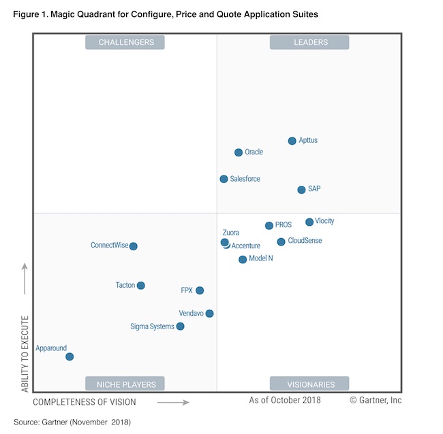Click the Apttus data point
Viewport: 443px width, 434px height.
[292, 141]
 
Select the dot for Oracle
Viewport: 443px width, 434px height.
[239, 153]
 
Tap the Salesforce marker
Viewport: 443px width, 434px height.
[224, 179]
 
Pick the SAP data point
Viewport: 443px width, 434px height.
[301, 190]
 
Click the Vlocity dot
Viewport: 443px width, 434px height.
[309, 222]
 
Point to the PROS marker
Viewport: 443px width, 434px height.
[269, 226]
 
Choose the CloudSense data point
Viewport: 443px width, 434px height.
[281, 241]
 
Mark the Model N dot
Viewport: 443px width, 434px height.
[243, 259]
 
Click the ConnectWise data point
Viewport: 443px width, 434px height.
[134, 246]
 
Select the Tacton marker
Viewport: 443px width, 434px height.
[140, 286]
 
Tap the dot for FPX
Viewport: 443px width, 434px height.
[200, 290]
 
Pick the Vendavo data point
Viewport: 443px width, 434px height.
[209, 314]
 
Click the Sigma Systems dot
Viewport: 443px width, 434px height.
[180, 327]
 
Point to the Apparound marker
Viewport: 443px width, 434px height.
[70, 356]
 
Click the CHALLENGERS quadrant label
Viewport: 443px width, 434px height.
[126, 42]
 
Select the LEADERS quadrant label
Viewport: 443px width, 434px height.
[309, 42]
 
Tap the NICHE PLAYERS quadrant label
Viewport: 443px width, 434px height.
[126, 384]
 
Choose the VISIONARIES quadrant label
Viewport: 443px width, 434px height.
[309, 384]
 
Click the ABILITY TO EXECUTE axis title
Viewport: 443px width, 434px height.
[25, 353]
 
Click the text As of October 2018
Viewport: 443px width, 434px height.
[285, 400]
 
